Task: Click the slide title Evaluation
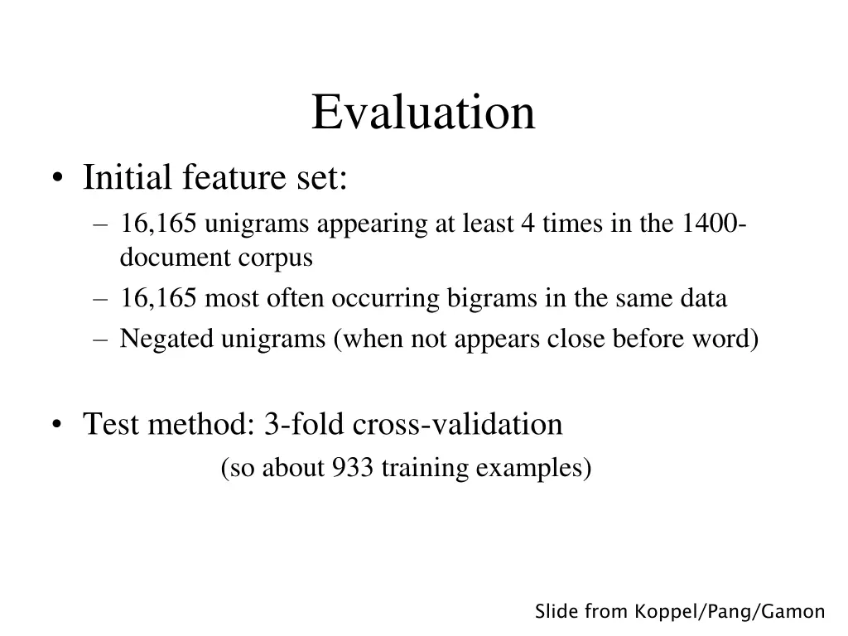click(423, 113)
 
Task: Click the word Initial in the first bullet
click(128, 177)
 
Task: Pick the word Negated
click(166, 339)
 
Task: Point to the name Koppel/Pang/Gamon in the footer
click(730, 612)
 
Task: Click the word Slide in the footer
click(556, 612)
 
